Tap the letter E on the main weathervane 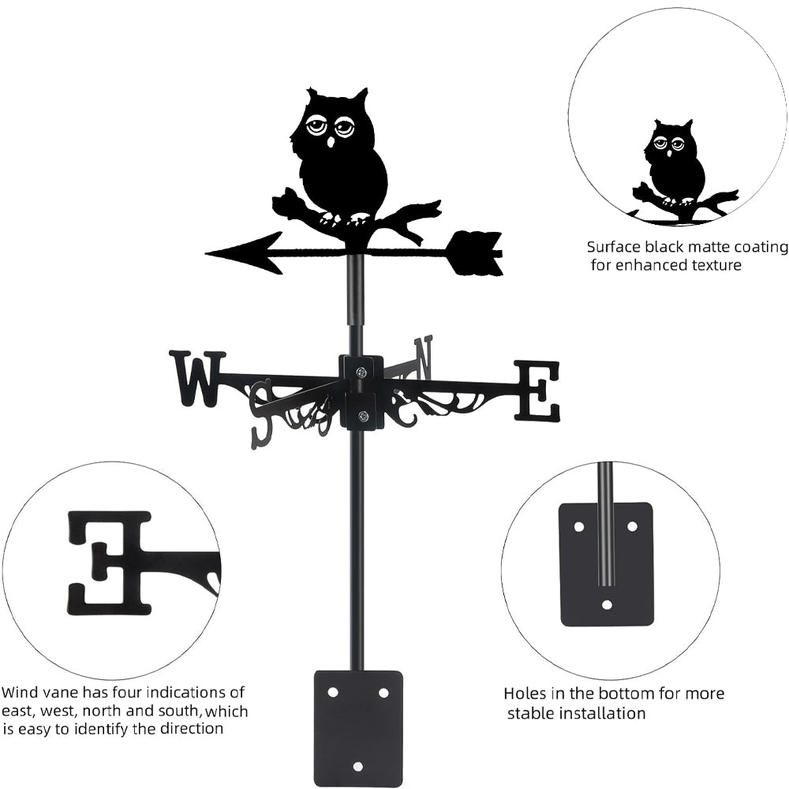[537, 391]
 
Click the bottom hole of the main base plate [358, 766]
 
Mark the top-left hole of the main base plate [333, 692]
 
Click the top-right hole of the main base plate [383, 692]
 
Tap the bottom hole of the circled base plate [607, 605]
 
